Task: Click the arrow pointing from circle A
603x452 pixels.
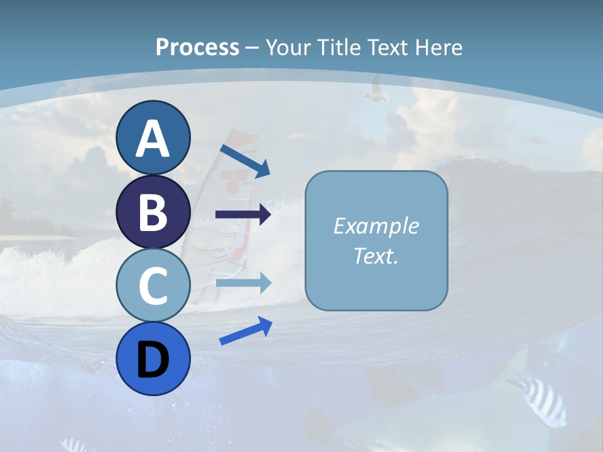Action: pos(245,160)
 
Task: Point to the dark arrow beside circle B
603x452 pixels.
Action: pos(243,214)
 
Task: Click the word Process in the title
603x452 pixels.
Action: pos(197,48)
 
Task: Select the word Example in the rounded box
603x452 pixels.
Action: pos(376,226)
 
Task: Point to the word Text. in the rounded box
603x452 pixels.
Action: pos(376,256)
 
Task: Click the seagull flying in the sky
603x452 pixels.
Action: pos(376,90)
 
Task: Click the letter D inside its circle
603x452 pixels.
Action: pos(153,360)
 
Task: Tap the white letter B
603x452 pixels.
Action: pos(153,212)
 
